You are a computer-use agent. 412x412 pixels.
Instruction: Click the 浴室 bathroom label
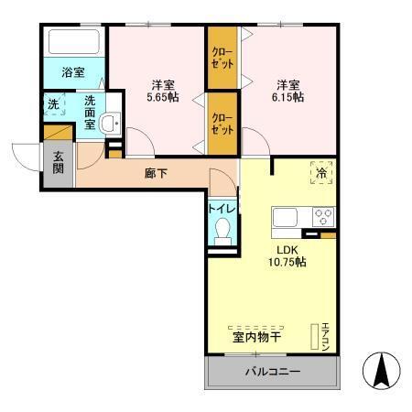coord(73,70)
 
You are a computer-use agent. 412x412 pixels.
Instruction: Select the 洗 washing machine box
coord(53,103)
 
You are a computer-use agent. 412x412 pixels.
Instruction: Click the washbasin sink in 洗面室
coord(109,125)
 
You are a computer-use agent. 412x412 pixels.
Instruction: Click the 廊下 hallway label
coord(156,173)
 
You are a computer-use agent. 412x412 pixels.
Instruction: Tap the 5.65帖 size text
coord(166,92)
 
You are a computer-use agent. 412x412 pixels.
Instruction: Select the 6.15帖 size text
coord(287,92)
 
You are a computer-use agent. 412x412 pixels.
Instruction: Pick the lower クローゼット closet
coord(222,124)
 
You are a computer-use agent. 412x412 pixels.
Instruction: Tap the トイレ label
coord(222,208)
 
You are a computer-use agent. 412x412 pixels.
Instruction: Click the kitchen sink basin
coord(286,218)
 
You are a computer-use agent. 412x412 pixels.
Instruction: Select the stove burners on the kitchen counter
coord(323,218)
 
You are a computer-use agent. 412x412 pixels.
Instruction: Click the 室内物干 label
coord(255,338)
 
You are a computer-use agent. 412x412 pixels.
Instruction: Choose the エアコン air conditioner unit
coord(322,338)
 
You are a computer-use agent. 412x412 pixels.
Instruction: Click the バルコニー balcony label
coord(272,372)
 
